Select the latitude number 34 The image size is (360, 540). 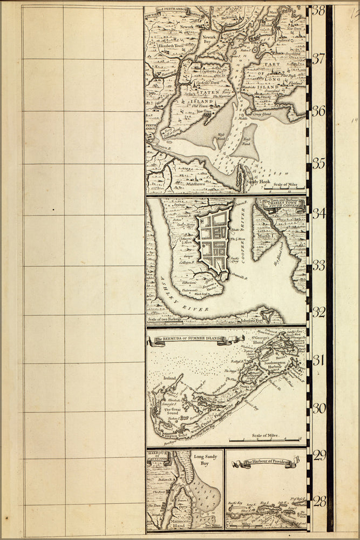tap(319, 213)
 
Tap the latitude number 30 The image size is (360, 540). tap(319, 408)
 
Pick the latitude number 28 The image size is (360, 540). tap(319, 502)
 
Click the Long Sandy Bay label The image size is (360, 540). tap(201, 460)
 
